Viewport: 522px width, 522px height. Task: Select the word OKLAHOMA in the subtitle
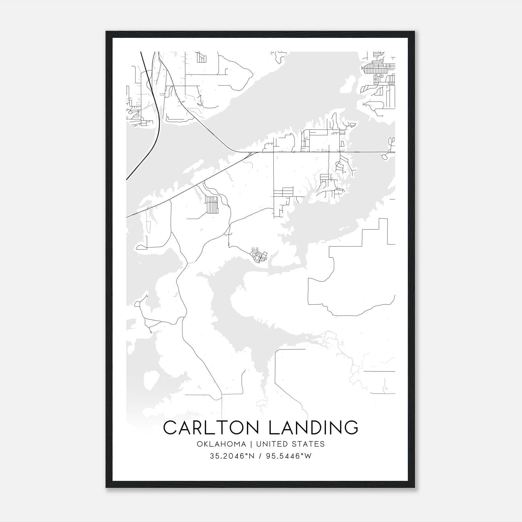tap(221, 444)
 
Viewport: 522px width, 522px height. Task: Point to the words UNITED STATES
tap(290, 444)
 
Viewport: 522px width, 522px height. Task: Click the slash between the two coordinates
tap(260, 456)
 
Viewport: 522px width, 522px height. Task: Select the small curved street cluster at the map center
tap(259, 256)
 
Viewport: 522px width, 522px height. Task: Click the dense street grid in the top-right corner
tap(378, 69)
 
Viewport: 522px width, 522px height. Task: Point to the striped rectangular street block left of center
tap(212, 205)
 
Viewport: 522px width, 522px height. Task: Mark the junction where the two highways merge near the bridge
tap(250, 153)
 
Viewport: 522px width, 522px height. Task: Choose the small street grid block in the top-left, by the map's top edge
tap(201, 57)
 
